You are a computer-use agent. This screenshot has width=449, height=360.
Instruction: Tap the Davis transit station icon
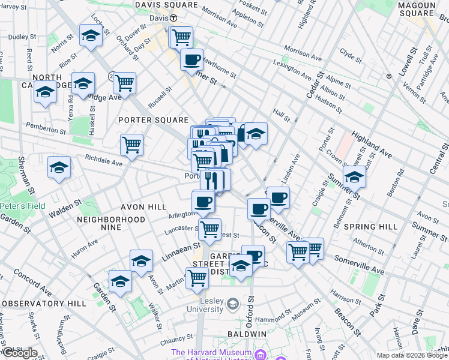click(173, 18)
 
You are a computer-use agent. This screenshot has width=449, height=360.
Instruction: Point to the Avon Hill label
click(143, 207)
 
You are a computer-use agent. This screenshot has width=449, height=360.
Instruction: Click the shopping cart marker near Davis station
click(181, 38)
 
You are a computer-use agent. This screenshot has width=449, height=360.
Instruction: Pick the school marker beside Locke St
click(90, 35)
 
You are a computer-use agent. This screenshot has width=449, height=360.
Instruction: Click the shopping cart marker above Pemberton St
click(124, 83)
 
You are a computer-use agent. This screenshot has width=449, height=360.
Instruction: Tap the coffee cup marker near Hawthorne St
click(191, 60)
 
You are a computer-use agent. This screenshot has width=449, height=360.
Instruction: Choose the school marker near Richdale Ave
click(59, 168)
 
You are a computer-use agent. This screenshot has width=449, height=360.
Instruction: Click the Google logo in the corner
click(19, 353)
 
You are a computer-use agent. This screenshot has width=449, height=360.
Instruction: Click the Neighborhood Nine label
click(112, 220)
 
